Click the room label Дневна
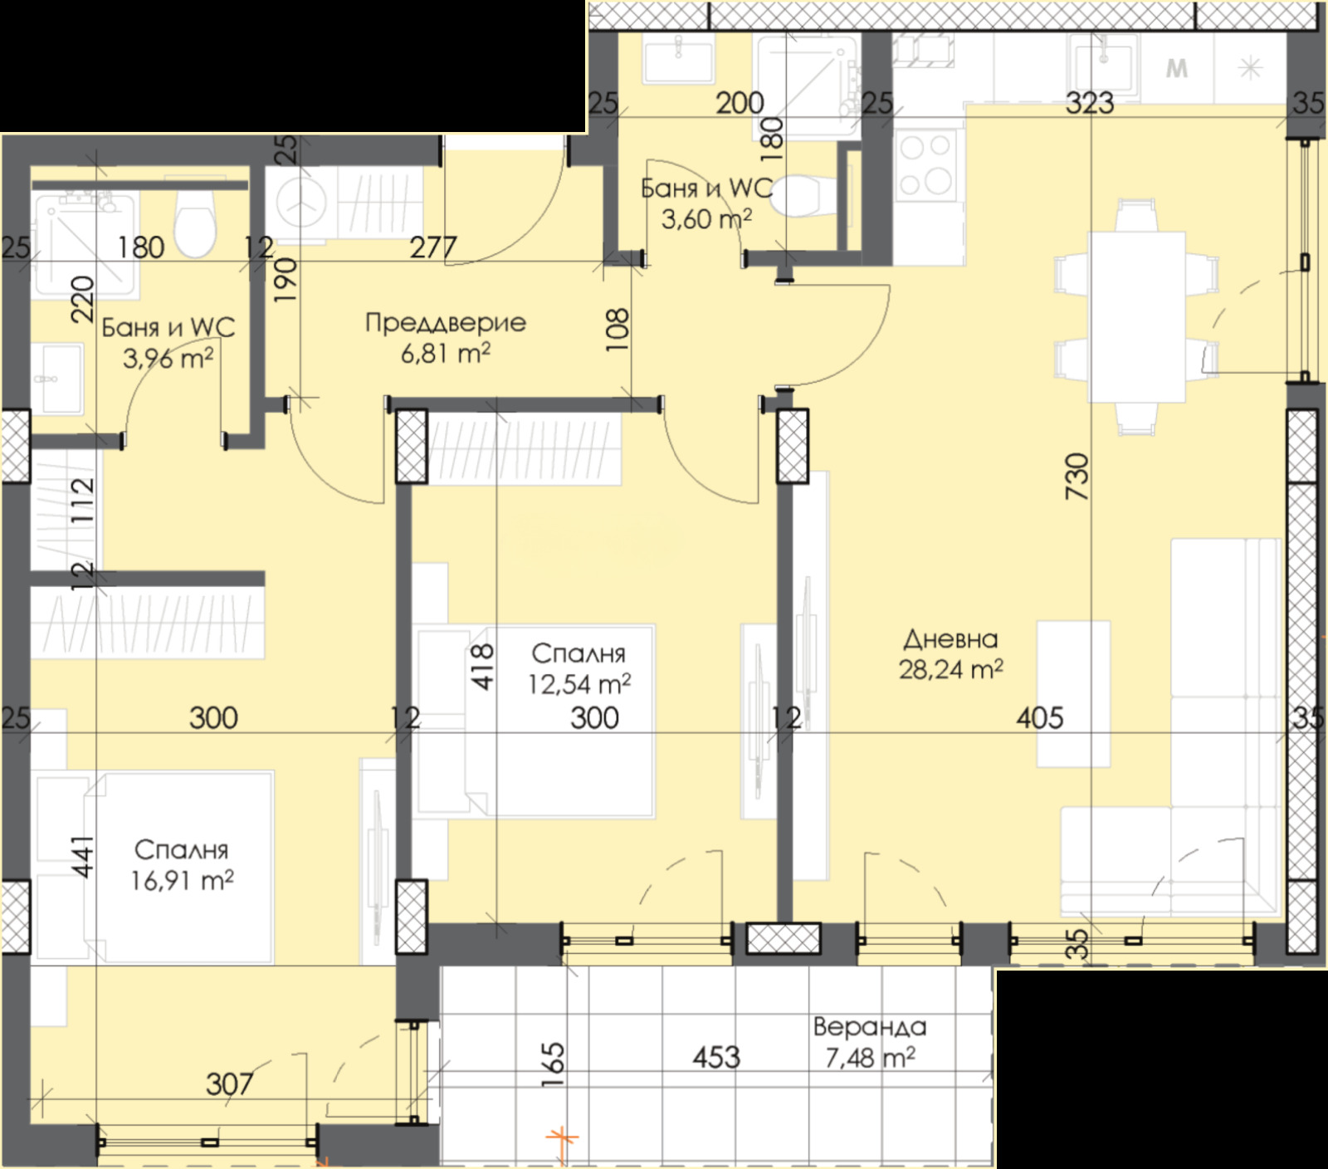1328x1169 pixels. pos(950,638)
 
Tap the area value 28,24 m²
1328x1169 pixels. pos(950,669)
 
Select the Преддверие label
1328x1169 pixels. pos(446,322)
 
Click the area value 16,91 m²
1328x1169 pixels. pos(182,880)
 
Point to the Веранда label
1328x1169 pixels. pos(869,1027)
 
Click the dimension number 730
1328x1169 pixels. pos(1077,476)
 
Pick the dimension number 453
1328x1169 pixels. pos(716,1057)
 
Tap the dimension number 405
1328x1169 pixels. pos(1040,717)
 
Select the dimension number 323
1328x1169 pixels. pos(1090,103)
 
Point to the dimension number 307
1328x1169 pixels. pos(229,1083)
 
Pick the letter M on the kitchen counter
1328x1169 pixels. pos(1177,68)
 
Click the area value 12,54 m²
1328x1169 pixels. pos(579,684)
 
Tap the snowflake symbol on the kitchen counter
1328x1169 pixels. pos(1251,68)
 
